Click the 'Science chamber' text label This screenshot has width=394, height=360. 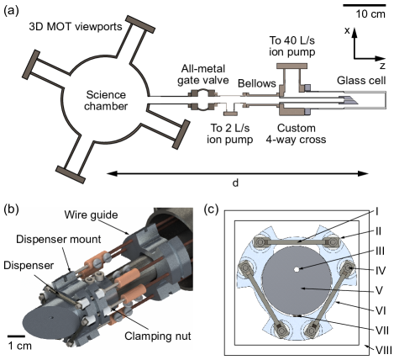(x=107, y=100)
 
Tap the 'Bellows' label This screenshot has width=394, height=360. (x=256, y=83)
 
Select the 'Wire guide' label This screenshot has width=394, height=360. (x=91, y=213)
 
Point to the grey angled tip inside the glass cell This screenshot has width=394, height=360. (x=352, y=99)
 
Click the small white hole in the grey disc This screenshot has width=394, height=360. (x=297, y=270)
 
